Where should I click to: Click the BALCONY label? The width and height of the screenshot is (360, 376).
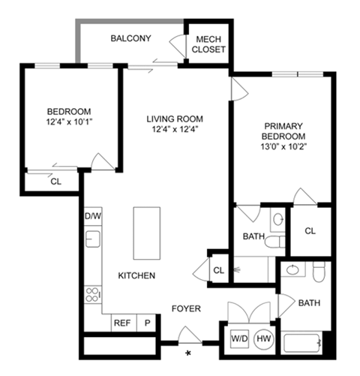131,38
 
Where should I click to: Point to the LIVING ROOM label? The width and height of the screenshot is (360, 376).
175,119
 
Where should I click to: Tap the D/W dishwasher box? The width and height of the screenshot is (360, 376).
92,217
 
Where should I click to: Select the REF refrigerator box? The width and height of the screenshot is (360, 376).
122,323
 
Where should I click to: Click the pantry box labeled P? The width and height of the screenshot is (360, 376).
148,323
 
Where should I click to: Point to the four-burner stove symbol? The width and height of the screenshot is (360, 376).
93,293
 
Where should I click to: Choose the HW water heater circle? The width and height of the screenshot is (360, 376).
264,338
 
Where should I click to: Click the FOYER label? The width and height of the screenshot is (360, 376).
186,308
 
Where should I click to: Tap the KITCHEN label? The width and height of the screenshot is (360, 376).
136,276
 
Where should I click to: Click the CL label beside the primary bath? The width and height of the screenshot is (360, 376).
310,231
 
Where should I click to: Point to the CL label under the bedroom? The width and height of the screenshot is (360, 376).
55,181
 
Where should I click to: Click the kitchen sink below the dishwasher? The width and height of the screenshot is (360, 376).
93,240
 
